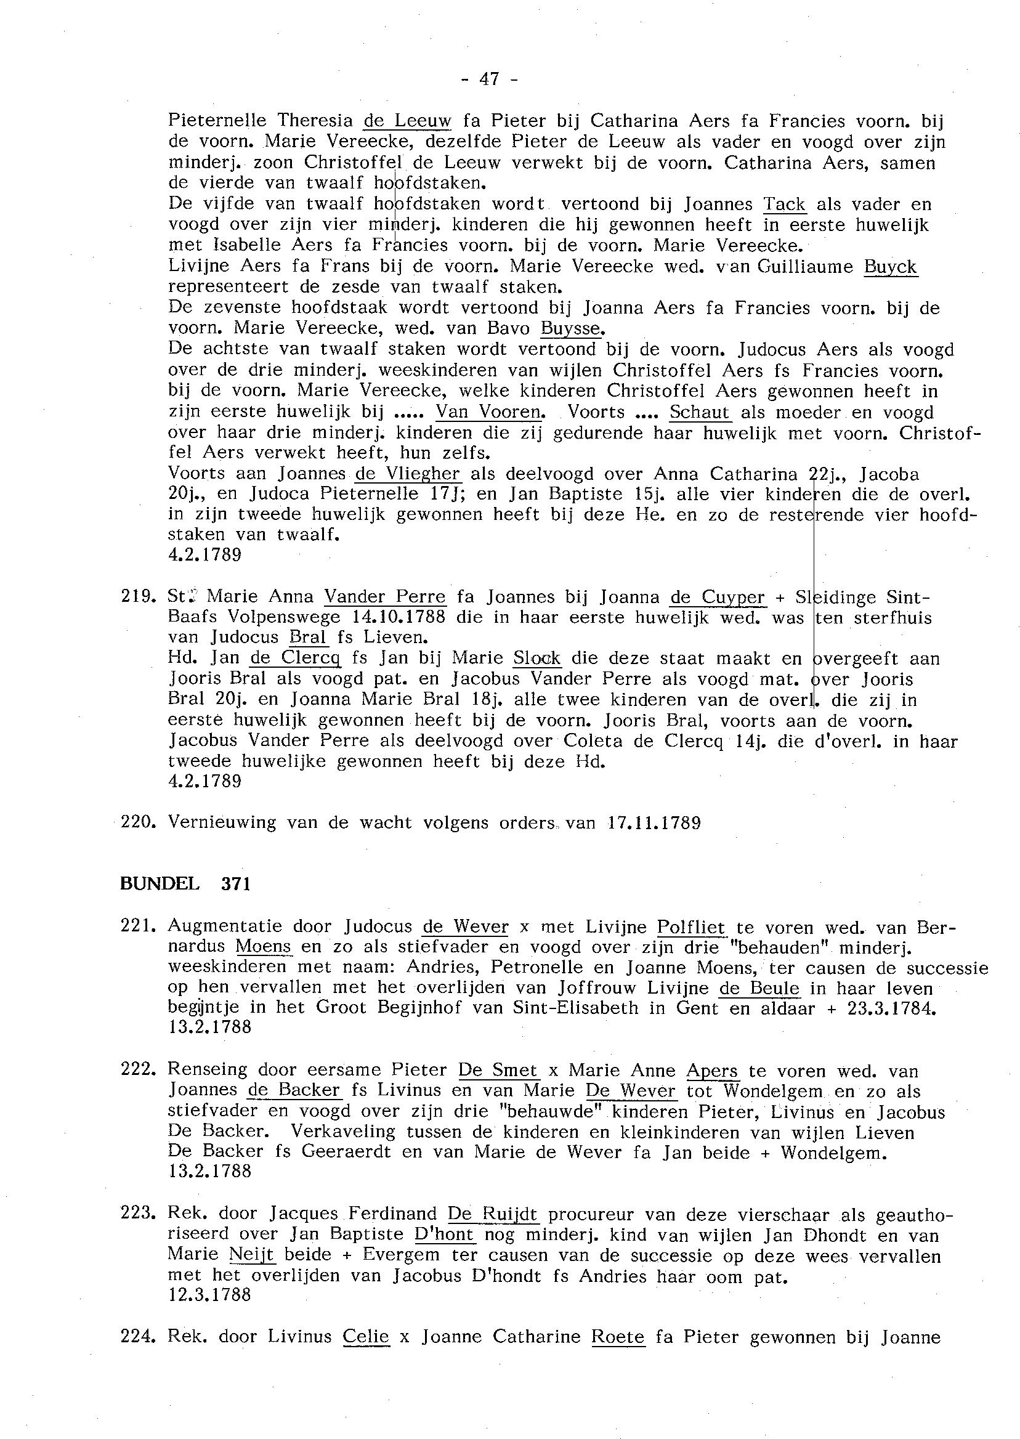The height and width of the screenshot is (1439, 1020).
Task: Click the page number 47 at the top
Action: pos(489,78)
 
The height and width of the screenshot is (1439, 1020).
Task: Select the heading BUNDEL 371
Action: pos(185,884)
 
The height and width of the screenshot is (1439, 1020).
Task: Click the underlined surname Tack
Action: pos(785,204)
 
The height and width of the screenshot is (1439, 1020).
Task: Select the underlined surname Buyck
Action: pos(891,267)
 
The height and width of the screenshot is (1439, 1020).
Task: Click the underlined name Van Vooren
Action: pos(489,412)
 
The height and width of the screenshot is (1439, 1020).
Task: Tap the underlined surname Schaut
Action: pos(700,412)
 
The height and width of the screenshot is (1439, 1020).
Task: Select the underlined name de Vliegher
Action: pos(408,474)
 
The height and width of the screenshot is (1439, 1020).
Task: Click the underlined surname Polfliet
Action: pos(691,926)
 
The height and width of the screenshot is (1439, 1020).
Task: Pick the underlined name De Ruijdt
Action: pos(493,1215)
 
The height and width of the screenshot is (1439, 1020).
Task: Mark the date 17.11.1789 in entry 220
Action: pos(654,822)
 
